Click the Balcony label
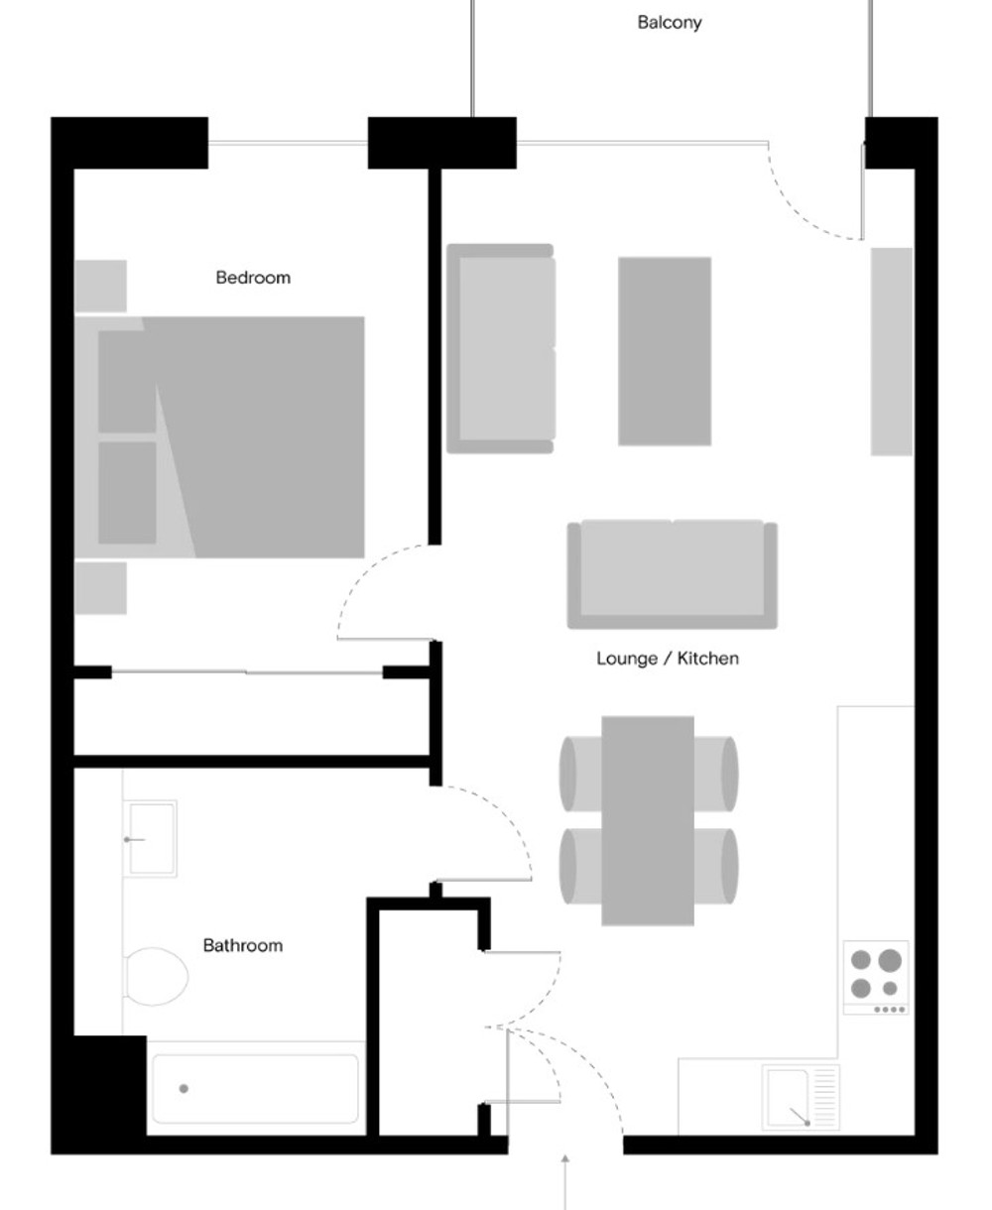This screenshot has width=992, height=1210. pos(669,23)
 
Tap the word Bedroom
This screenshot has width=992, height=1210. pos(253,278)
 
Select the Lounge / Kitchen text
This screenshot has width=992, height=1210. pos(668,659)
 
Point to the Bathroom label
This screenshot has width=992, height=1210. pos(243,945)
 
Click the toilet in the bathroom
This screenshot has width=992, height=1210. pos(156,977)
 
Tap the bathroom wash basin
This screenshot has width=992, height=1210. pos(151,838)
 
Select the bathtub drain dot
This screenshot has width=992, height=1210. pos(184,1088)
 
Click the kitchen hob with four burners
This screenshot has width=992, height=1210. pos(876,977)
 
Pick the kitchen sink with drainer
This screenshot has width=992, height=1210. pos(801,1098)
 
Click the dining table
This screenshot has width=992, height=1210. pos(648,820)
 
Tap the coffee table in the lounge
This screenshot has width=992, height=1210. pos(665,351)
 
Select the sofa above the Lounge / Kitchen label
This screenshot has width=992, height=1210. pos(672,574)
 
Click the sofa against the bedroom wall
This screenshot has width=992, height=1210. pos(501,349)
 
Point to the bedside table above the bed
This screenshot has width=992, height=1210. pos(100,286)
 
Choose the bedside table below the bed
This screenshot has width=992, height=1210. pos(100,588)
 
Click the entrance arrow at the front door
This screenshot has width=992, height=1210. pos(565,1182)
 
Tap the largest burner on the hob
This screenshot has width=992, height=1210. pos(890,960)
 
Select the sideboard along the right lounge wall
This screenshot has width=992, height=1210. pos(892,351)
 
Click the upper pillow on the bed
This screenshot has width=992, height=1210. pos(127,382)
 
